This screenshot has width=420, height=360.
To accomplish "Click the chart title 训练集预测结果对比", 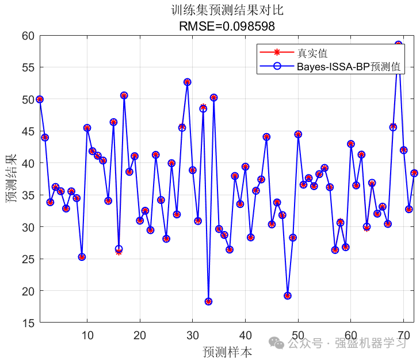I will [227, 10].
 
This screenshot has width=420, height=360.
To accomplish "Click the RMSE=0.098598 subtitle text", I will [227, 26].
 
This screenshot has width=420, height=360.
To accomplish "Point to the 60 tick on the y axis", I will [28, 36].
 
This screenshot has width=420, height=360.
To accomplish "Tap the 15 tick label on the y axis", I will [28, 323].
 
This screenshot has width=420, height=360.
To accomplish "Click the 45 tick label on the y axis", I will [28, 131].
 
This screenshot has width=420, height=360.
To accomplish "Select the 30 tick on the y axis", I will [28, 228].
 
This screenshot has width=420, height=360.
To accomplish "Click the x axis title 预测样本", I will [227, 352].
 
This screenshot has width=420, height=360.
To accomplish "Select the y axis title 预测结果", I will [10, 180].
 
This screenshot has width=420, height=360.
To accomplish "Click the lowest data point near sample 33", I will [208, 302].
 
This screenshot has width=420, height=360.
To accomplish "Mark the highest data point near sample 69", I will [398, 44].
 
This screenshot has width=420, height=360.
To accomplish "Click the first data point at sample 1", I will [40, 99].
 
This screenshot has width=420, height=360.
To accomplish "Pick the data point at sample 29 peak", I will [187, 82].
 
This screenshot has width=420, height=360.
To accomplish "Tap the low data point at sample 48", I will [287, 296].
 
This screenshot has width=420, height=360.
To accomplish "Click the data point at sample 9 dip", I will [82, 257].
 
